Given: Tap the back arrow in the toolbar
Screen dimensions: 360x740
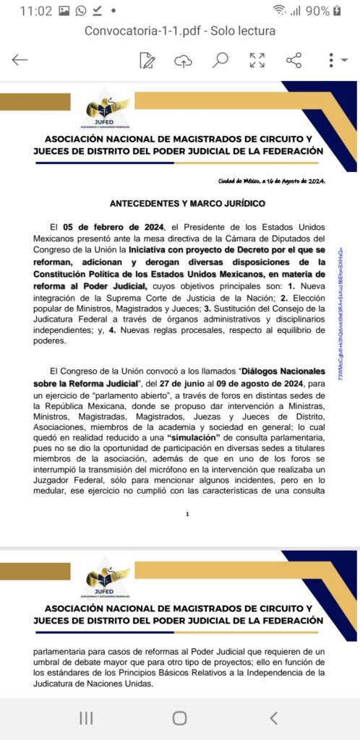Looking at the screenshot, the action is click(20, 60).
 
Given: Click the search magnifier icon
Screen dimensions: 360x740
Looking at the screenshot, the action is click(220, 60).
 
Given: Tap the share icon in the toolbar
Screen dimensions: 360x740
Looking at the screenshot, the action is click(293, 60).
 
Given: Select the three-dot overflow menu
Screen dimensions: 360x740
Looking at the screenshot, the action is click(331, 60).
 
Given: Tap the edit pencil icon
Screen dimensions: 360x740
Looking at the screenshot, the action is click(147, 60).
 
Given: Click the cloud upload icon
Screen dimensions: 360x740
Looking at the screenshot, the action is click(184, 60).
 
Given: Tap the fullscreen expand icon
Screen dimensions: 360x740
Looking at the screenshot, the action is click(257, 60).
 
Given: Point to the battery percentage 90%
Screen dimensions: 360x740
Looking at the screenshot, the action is click(317, 11).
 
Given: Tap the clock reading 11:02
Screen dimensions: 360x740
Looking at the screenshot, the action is click(36, 11).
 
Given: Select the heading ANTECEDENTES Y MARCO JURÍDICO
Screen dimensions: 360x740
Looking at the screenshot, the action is click(180, 204).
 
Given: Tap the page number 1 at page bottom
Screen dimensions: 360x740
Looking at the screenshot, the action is click(187, 514).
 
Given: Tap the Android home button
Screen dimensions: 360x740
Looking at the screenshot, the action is click(179, 718).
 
